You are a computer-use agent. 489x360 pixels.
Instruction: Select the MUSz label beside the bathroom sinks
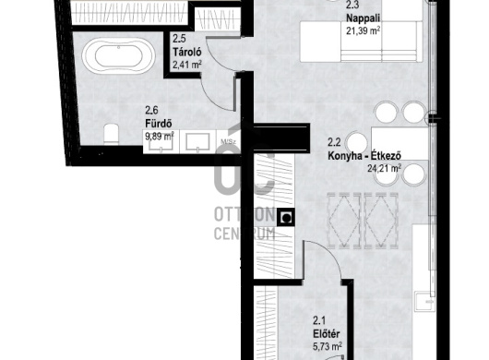(225, 142)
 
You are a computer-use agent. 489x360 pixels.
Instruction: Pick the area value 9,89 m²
(159, 135)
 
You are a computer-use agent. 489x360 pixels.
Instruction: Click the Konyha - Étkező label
(365, 155)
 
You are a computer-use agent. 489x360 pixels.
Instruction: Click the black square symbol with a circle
(288, 218)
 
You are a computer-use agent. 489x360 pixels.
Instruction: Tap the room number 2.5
(179, 39)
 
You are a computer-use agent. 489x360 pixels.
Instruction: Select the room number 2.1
(319, 319)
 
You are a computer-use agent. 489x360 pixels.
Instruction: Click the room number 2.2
(335, 142)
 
